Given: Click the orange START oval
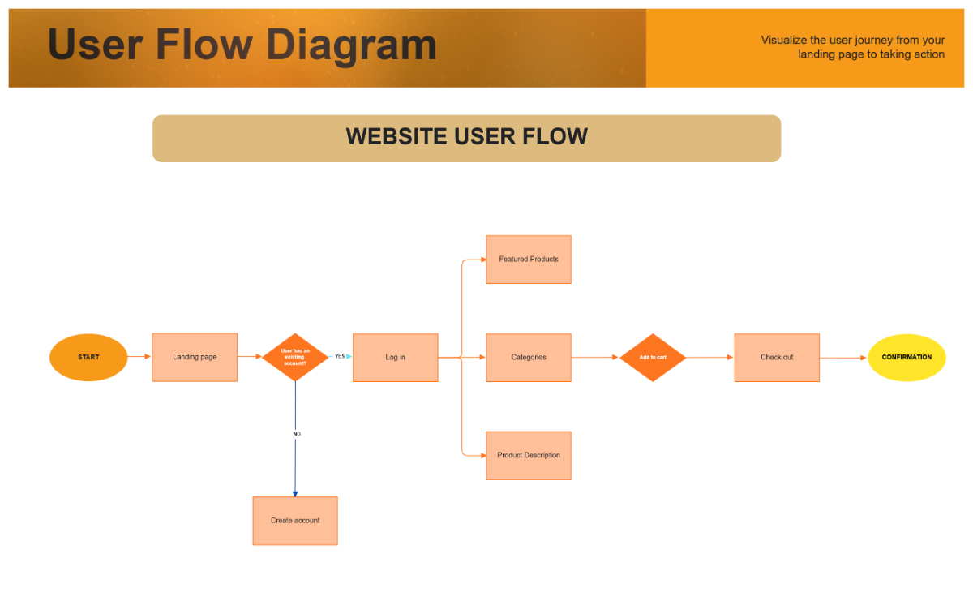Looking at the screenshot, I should pyautogui.click(x=88, y=358).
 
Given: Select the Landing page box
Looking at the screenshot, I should pyautogui.click(x=195, y=358).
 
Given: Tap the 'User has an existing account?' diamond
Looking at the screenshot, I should pyautogui.click(x=295, y=357).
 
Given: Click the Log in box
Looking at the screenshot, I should pyautogui.click(x=395, y=358).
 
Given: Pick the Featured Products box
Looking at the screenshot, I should pyautogui.click(x=529, y=260).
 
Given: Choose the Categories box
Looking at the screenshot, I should pyautogui.click(x=529, y=358).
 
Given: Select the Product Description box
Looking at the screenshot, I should pyautogui.click(x=529, y=456).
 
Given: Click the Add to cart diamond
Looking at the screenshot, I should pyautogui.click(x=653, y=358).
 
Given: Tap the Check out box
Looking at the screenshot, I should pyautogui.click(x=777, y=358).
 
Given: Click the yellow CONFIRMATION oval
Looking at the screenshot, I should pyautogui.click(x=907, y=358).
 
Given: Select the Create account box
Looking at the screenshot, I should pyautogui.click(x=295, y=521).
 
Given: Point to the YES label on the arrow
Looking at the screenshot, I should pyautogui.click(x=340, y=356).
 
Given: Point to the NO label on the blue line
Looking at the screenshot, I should pyautogui.click(x=297, y=434).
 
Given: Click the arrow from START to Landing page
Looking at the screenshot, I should pyautogui.click(x=139, y=357).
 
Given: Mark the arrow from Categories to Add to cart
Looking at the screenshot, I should pyautogui.click(x=595, y=357).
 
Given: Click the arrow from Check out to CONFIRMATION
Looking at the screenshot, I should pyautogui.click(x=843, y=358).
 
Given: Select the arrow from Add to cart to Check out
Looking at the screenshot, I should pyautogui.click(x=709, y=357).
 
